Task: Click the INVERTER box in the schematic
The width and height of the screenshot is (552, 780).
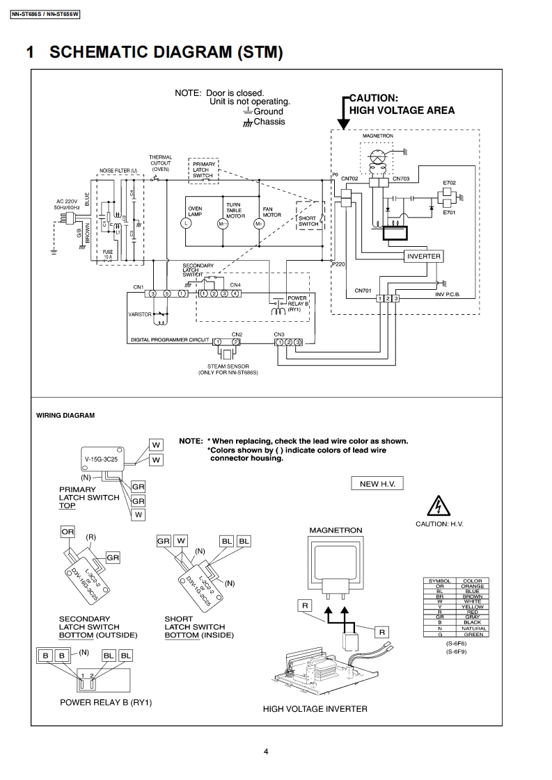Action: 423,256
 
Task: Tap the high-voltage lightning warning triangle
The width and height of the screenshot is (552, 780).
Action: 439,505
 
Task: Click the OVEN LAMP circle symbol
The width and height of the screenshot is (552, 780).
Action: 186,223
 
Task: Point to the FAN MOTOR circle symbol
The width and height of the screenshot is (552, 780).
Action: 258,223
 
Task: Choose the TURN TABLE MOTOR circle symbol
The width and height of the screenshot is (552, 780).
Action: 222,223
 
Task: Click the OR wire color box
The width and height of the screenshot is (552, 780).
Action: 68,532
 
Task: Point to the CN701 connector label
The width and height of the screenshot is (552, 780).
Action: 363,291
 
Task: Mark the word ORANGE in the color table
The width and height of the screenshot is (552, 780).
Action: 473,586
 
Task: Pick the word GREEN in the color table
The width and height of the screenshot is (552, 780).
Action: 473,633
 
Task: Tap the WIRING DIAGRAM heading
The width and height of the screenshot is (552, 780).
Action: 65,415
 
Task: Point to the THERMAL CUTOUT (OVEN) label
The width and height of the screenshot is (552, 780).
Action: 160,163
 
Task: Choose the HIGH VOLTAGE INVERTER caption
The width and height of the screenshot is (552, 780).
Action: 315,709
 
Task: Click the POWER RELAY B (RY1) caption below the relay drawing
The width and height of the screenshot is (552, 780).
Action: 106,702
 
